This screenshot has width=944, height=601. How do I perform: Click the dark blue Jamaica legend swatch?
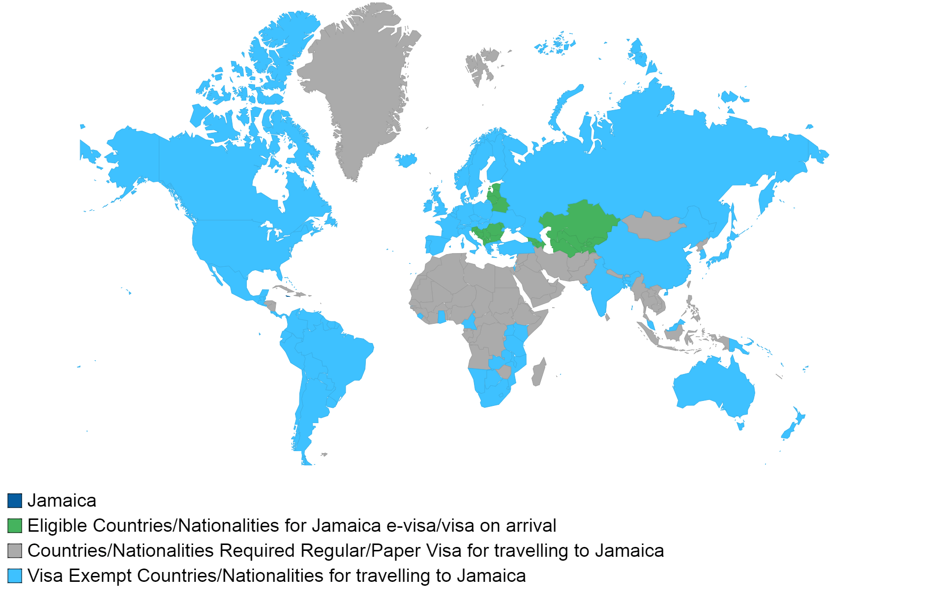tap(15, 500)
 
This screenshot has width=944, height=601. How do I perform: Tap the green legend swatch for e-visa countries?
tap(15, 525)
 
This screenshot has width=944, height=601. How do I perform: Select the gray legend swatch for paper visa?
tap(15, 550)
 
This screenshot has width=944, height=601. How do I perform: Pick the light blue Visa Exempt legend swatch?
tap(15, 575)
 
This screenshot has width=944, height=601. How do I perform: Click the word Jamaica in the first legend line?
tap(62, 500)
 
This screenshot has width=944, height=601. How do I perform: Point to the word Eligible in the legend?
tap(58, 525)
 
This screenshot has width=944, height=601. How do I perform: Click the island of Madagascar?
tap(539, 372)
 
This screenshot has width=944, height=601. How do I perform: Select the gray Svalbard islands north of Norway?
tap(479, 66)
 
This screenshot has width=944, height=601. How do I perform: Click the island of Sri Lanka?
tap(608, 317)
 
